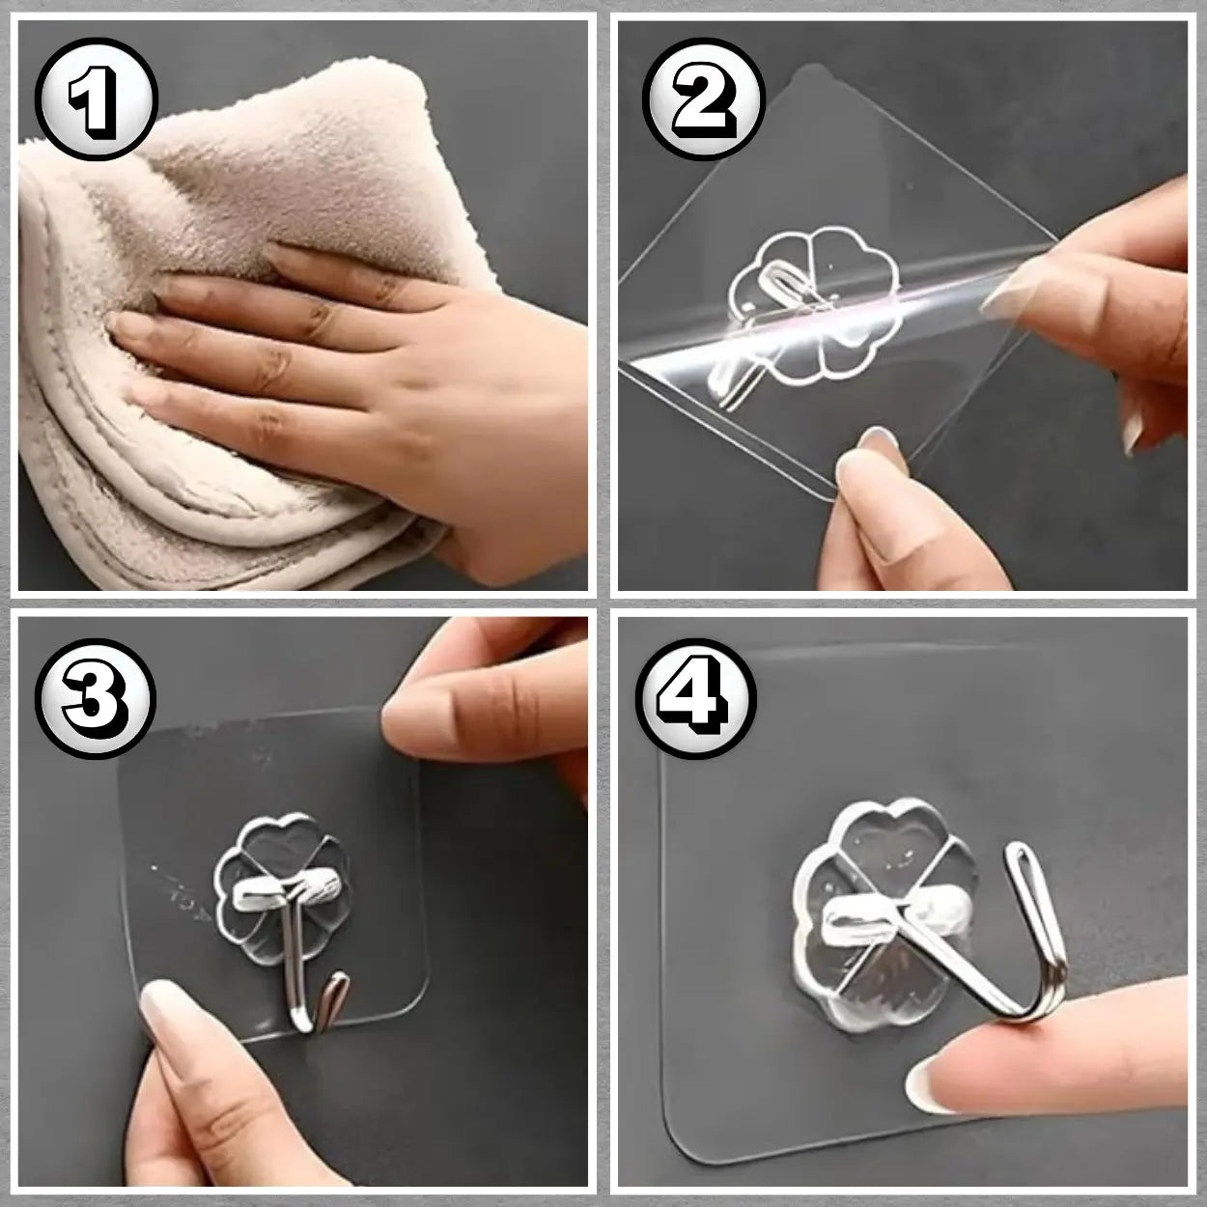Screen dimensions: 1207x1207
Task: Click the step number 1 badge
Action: (97, 98)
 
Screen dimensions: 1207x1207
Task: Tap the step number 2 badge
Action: (704, 98)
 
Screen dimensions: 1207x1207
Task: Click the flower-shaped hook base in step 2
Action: (814, 307)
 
